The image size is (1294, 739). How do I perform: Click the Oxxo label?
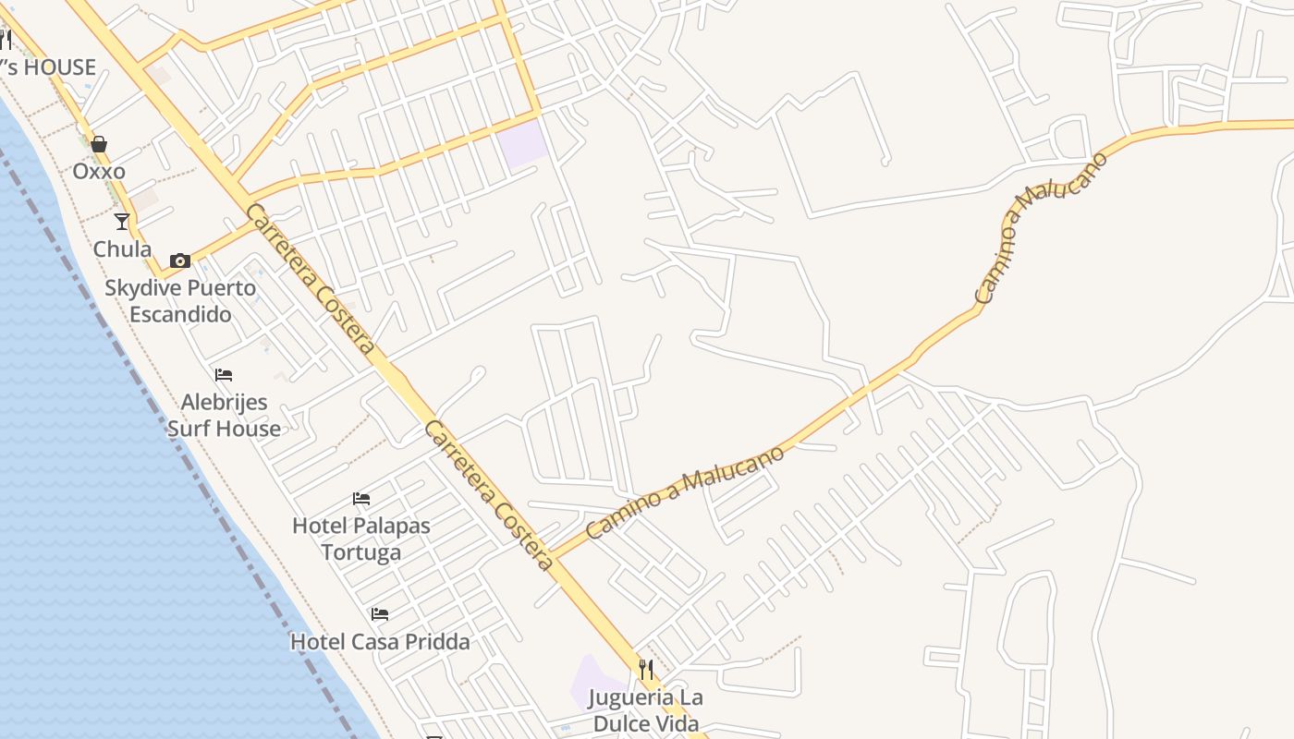click(99, 172)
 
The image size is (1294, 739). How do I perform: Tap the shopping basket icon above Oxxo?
click(99, 144)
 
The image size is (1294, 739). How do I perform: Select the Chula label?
click(122, 249)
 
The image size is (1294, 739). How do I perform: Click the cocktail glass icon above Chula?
click(122, 222)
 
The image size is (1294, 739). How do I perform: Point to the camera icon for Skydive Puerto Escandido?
click(180, 260)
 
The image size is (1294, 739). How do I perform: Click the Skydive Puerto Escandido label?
click(180, 301)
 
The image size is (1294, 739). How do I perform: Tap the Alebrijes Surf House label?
click(224, 416)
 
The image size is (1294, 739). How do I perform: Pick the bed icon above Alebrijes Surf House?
click(224, 375)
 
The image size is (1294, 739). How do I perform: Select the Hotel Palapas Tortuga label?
click(361, 539)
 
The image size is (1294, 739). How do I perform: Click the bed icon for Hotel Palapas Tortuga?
click(361, 499)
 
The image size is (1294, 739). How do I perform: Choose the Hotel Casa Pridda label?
click(380, 641)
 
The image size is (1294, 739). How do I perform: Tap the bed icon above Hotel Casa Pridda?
click(380, 613)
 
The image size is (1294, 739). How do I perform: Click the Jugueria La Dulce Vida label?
click(646, 710)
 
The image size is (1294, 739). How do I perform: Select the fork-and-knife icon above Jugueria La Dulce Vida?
click(646, 669)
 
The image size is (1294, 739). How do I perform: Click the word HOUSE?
click(61, 67)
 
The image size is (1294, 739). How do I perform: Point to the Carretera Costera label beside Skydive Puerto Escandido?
click(311, 279)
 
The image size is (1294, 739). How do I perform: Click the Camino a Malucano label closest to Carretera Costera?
click(685, 492)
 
